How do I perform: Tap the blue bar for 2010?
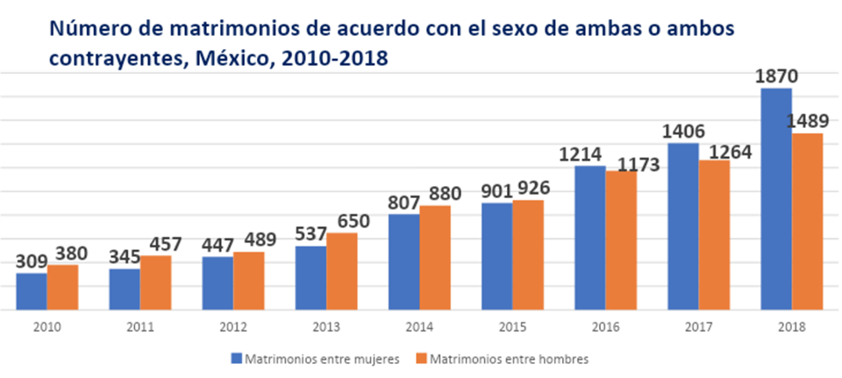tap(32, 291)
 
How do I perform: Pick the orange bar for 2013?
tap(341, 271)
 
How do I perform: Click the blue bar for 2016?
tap(589, 238)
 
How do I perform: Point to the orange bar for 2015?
tap(527, 254)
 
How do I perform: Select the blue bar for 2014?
tap(403, 261)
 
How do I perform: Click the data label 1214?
tap(590, 153)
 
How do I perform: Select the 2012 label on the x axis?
tap(232, 326)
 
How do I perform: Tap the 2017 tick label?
tap(698, 326)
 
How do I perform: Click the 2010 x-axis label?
tap(46, 326)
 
